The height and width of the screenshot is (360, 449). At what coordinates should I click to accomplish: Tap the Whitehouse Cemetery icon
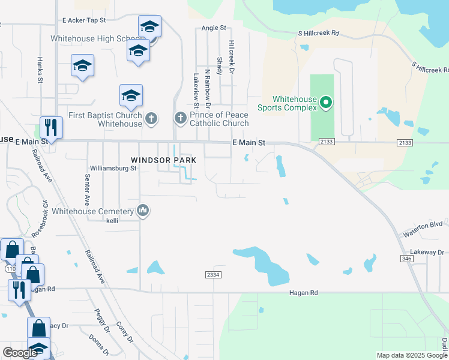(x=143, y=211)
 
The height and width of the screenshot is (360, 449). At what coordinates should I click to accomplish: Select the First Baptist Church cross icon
(x=151, y=118)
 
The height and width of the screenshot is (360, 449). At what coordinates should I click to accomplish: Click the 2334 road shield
(x=213, y=274)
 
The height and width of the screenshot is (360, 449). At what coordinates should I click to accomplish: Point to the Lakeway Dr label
(x=426, y=253)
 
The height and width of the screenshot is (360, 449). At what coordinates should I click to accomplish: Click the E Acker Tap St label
(x=88, y=20)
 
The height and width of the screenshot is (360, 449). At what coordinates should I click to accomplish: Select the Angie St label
(x=214, y=28)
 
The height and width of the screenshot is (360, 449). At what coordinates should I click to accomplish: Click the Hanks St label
(x=40, y=70)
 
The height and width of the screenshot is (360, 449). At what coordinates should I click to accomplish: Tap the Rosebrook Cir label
(x=45, y=215)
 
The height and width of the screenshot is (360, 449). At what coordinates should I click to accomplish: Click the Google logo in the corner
(x=20, y=353)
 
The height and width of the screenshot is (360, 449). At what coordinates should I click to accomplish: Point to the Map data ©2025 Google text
(x=412, y=355)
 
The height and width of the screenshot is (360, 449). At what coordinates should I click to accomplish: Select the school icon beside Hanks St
(x=82, y=66)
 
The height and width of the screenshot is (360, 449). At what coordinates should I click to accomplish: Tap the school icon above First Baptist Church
(x=131, y=95)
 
